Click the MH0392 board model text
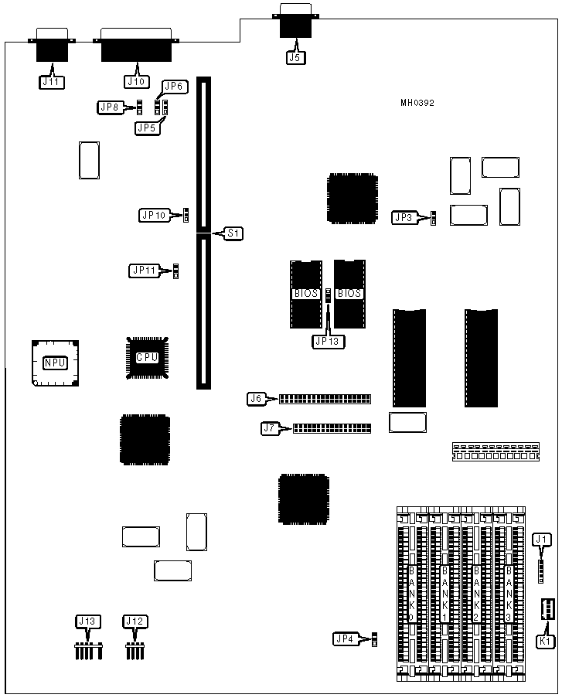417,103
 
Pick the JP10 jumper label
153,215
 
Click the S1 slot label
233,233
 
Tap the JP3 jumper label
404,218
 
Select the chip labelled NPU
55,363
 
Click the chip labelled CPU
147,358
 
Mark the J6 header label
257,399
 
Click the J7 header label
269,427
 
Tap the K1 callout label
546,641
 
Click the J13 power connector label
87,621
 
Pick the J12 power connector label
135,621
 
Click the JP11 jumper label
143,271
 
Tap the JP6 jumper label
173,87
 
